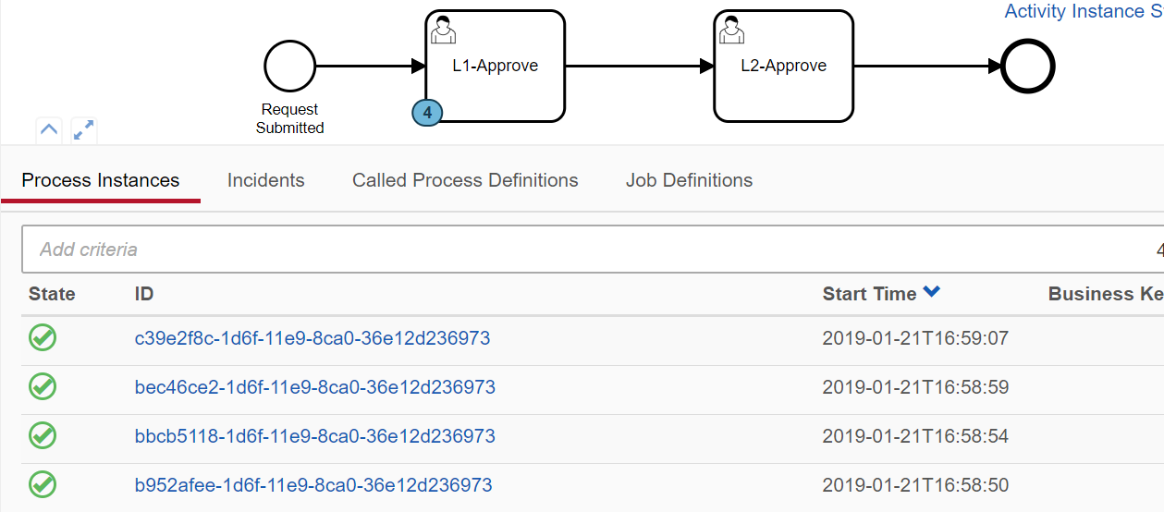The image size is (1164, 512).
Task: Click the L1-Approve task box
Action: click(495, 67)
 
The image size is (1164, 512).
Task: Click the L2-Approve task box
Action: click(783, 67)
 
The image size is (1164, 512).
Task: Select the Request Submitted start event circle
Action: click(289, 67)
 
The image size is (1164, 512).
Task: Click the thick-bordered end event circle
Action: click(1028, 67)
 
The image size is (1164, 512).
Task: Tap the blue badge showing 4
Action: click(427, 112)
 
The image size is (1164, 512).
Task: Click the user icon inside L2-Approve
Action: click(732, 30)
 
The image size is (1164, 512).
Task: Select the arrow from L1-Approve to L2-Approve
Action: click(638, 67)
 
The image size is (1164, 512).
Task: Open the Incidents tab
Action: click(265, 180)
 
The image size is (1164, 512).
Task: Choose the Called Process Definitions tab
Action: click(465, 180)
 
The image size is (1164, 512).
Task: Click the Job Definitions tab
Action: click(689, 180)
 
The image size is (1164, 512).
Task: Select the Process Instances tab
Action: click(101, 180)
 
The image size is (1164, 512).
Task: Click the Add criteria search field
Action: click(555, 250)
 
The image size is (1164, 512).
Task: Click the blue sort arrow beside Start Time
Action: click(931, 293)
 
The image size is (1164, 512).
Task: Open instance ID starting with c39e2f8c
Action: click(312, 338)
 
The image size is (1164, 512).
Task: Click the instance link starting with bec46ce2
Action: click(314, 387)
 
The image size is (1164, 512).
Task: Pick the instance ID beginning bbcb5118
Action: click(314, 436)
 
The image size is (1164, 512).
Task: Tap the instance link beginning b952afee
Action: click(312, 485)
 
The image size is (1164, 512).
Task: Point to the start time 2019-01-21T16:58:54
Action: click(915, 436)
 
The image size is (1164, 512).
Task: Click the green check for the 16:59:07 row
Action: click(43, 337)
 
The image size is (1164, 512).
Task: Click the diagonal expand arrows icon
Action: click(84, 130)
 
